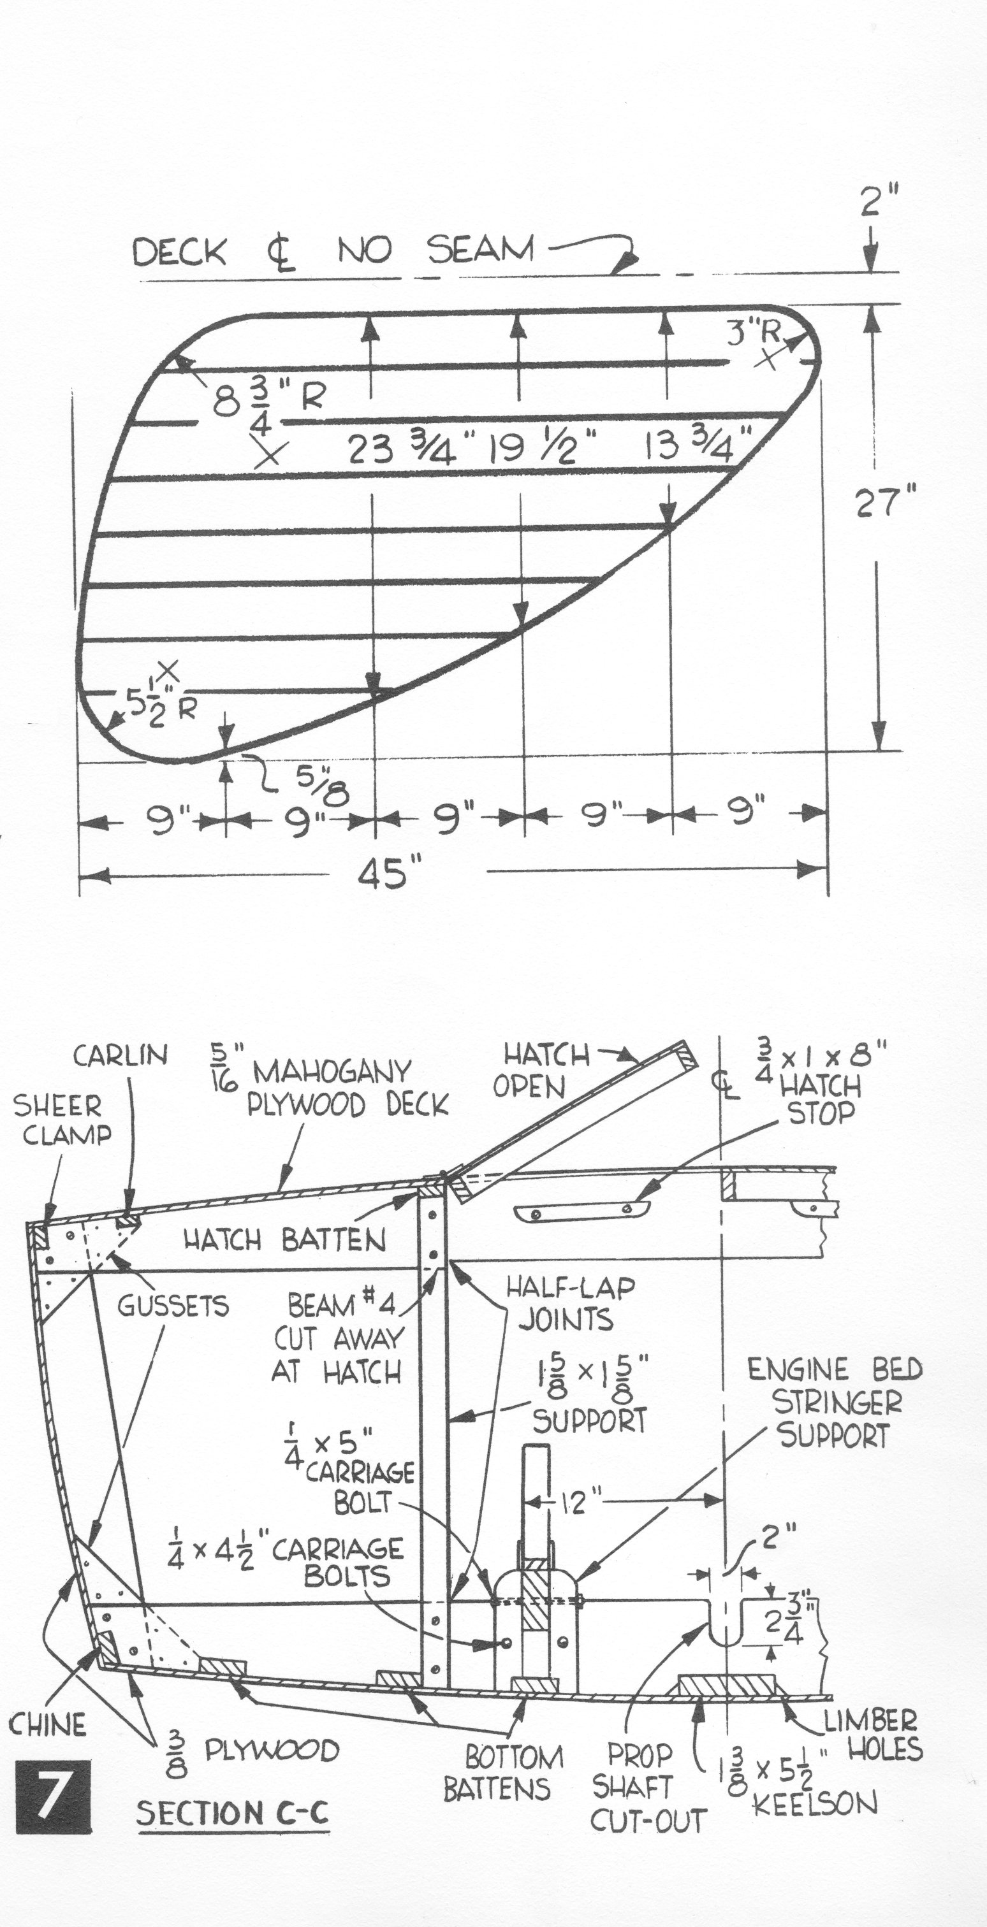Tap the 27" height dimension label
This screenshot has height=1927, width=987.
[885, 503]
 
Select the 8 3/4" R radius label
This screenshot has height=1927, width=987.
[267, 401]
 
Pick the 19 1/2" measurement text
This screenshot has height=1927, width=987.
[543, 451]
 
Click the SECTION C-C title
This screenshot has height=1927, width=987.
[233, 1814]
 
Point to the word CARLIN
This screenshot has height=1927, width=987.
[120, 1055]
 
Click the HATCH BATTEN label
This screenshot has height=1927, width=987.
[285, 1241]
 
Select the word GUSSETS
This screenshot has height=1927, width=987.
[173, 1306]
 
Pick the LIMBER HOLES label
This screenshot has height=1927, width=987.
[872, 1735]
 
